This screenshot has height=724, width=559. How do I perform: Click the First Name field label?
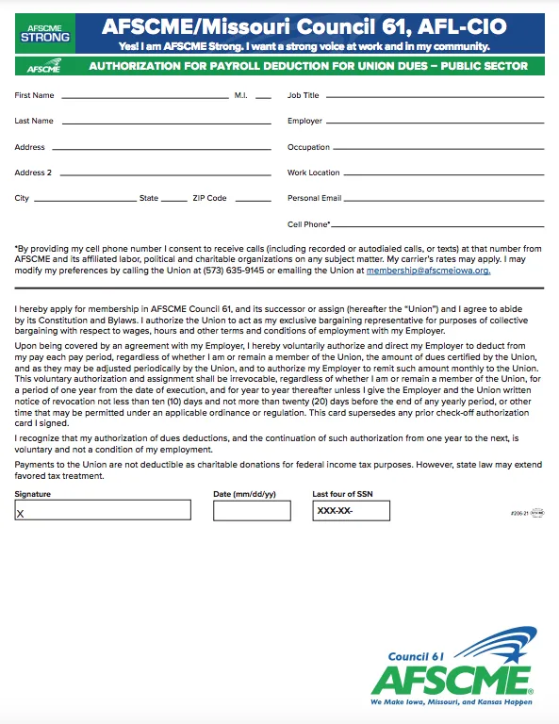point(35,96)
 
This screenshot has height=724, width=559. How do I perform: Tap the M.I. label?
point(241,96)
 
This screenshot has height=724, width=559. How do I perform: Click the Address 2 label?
point(33,173)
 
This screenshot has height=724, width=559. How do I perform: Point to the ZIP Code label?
point(209,199)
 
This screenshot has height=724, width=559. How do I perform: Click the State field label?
point(149,199)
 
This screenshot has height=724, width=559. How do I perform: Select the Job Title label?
point(304,96)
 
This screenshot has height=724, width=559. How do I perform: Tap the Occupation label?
point(308,148)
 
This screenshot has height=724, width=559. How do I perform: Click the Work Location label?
point(314,173)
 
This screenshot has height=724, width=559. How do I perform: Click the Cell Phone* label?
point(309,225)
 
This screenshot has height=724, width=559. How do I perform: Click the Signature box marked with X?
point(102,510)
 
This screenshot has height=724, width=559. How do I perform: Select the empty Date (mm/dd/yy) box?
point(252,510)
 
